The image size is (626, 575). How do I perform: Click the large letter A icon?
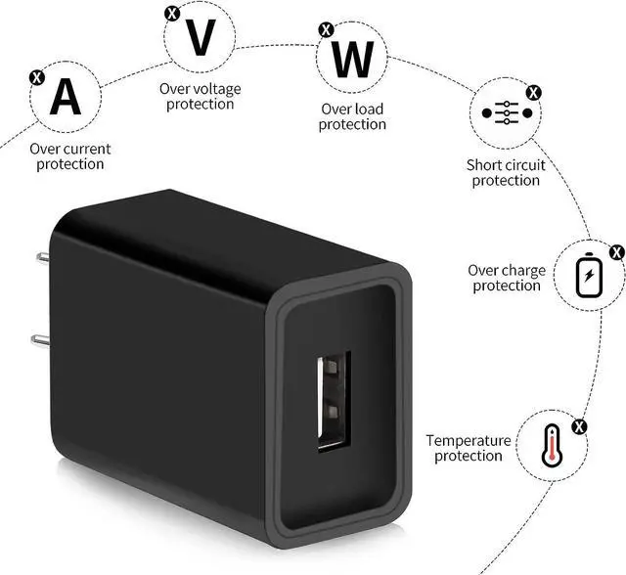66,97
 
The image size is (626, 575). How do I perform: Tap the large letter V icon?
201,37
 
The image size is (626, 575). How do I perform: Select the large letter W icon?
351,62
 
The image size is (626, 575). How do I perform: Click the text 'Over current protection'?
69,156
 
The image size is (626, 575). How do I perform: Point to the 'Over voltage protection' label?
200,97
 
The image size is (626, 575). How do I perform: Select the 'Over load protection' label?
352,116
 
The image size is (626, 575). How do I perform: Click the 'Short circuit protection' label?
506,172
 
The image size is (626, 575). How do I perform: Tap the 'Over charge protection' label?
507,278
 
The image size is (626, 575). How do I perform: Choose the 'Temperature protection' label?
468,448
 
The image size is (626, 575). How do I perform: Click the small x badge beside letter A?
36,75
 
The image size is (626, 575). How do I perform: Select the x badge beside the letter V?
172,13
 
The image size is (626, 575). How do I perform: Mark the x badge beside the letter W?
325,29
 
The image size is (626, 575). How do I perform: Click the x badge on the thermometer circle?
579,426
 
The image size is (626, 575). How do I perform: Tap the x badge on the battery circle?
616,251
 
